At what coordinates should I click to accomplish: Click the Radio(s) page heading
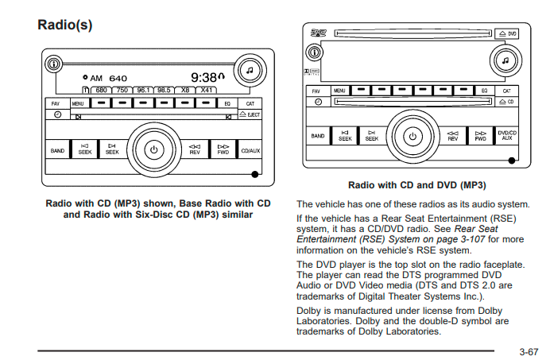tap(65, 25)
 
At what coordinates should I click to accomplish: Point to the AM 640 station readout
tap(109, 79)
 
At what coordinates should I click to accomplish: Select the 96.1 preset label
tap(143, 90)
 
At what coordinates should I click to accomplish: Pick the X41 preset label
tap(206, 90)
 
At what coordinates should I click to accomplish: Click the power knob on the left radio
tap(154, 149)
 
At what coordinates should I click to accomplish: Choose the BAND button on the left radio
tap(58, 150)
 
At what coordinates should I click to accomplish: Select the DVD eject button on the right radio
tap(508, 33)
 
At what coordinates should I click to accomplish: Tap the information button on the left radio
tap(52, 64)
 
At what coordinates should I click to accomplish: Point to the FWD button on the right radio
tap(480, 136)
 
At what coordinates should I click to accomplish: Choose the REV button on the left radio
tap(195, 149)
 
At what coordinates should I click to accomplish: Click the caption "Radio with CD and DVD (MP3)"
tap(416, 185)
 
